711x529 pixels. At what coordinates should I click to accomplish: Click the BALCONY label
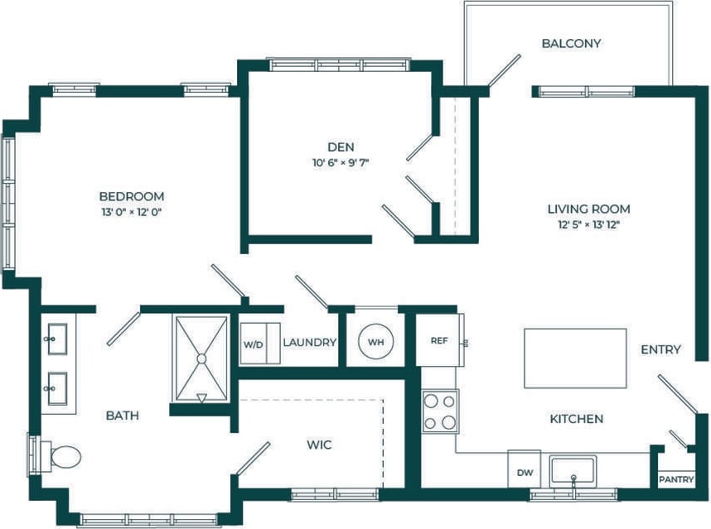(x=570, y=43)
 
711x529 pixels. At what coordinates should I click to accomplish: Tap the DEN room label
(x=335, y=147)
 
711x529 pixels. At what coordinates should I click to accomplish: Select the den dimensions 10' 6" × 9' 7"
(x=335, y=163)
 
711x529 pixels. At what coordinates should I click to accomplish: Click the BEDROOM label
(x=131, y=196)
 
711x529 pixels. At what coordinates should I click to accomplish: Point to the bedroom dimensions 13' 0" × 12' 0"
(x=131, y=212)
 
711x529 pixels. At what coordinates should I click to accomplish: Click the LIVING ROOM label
(x=588, y=209)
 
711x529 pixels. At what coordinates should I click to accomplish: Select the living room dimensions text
(x=588, y=224)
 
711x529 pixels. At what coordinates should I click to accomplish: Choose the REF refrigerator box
(x=439, y=340)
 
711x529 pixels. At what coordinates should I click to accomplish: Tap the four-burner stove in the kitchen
(x=440, y=411)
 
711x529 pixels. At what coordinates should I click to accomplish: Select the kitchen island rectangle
(x=575, y=358)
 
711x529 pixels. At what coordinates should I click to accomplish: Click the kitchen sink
(x=573, y=470)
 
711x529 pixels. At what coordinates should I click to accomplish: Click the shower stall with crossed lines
(x=200, y=358)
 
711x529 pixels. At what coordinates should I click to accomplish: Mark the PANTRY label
(x=675, y=479)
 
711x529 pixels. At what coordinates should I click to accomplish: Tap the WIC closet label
(x=319, y=445)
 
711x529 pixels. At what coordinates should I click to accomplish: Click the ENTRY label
(x=660, y=349)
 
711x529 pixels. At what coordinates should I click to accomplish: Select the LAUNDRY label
(x=309, y=343)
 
